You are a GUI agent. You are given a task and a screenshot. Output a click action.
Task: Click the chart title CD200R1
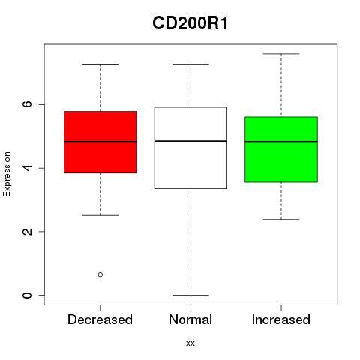tap(190, 23)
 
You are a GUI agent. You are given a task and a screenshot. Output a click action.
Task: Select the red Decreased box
tap(100, 142)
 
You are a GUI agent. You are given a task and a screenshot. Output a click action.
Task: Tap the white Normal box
tap(190, 148)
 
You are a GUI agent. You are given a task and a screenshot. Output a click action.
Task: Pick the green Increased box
tap(281, 149)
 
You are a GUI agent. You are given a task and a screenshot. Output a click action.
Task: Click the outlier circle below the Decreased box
tap(100, 274)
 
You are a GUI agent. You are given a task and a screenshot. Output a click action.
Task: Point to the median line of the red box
tap(100, 142)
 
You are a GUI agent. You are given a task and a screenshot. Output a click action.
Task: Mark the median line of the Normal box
tap(190, 141)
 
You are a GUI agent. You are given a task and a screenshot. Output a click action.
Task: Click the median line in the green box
tap(281, 142)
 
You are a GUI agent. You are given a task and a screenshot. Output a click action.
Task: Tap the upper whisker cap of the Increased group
tap(281, 54)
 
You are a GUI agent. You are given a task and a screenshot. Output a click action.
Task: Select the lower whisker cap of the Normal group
tap(190, 295)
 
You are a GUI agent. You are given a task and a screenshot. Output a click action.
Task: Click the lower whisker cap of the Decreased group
tap(100, 215)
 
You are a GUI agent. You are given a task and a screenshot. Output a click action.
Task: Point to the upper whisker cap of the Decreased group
tap(100, 64)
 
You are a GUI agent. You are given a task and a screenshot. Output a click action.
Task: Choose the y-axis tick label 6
tap(27, 104)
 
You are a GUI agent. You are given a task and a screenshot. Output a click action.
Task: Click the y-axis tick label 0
tap(27, 295)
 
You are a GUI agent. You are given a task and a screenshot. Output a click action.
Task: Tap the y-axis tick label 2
tap(27, 232)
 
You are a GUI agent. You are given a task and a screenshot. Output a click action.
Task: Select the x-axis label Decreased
tap(100, 319)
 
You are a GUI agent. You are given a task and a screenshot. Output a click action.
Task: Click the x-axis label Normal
tap(190, 319)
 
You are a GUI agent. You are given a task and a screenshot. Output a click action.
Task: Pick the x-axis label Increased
tap(281, 319)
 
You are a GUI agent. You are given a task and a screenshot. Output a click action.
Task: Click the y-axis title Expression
tap(7, 174)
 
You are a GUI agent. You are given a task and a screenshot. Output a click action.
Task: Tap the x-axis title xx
tap(190, 343)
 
